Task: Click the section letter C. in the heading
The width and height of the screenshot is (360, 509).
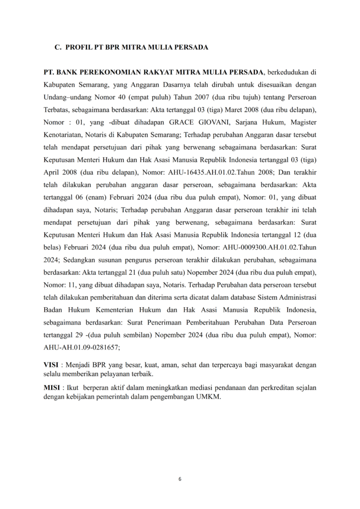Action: pos(58,47)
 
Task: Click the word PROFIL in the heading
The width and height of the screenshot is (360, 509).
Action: pos(79,47)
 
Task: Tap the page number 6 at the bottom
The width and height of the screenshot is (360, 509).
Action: pos(180,479)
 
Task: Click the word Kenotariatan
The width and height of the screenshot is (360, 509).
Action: pos(64,136)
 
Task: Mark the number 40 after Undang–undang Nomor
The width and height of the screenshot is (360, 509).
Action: pos(123,97)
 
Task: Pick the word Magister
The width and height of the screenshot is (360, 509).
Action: pos(303,123)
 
